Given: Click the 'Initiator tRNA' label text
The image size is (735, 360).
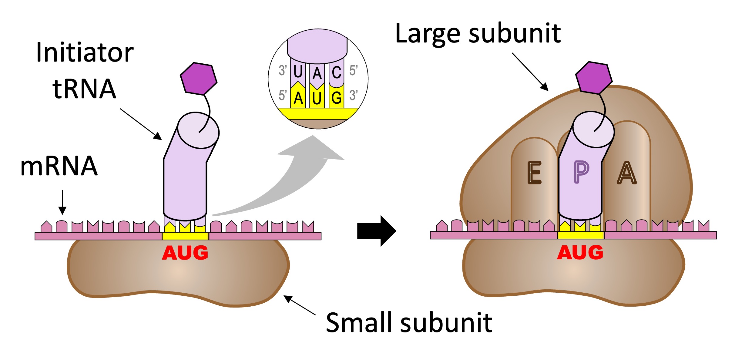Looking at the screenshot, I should pos(85,70).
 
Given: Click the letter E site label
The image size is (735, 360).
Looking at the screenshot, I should pos(534,173).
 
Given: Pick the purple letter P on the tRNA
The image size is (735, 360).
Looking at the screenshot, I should pos(581,172).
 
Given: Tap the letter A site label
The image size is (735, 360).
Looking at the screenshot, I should pos(626,173).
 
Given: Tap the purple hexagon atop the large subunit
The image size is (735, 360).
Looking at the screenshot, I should pos(594,78).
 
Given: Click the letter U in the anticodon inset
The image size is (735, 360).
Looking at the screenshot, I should pos(298,72).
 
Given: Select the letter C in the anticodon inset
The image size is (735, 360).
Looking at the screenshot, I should pos(337,72).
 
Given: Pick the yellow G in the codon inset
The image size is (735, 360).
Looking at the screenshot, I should pos(337,98).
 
